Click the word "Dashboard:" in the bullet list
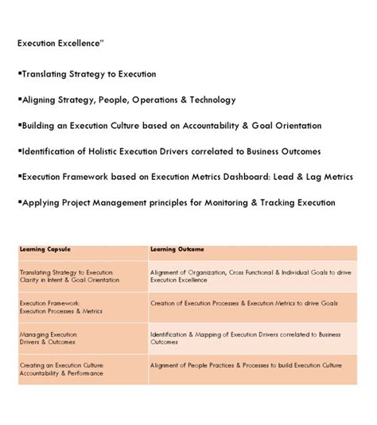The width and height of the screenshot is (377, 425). pos(244,176)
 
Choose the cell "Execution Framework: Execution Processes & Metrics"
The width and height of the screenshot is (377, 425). pos(57,307)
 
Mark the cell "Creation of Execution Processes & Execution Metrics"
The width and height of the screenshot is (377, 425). pos(243,303)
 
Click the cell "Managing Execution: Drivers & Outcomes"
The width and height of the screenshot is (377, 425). pos(50,338)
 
